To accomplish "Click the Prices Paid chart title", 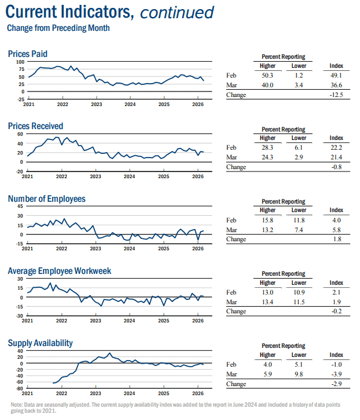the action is (28, 54).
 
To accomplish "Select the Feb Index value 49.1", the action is (336, 76).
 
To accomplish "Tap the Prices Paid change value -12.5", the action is (336, 95).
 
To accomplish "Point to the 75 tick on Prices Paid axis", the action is (21, 69).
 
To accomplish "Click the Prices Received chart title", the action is (36, 126).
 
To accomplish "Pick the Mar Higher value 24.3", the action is (267, 157).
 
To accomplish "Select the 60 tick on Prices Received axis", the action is (20, 134).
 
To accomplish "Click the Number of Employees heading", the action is (47, 199).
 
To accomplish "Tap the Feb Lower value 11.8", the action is (299, 220).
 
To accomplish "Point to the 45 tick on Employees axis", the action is (20, 206).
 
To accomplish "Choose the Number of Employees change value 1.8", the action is (337, 239).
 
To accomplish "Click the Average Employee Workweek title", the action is (59, 271).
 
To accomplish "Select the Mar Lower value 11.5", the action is (299, 302).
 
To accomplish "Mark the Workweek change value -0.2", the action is (337, 312).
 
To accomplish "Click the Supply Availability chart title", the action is (40, 343).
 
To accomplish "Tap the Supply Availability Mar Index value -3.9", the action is (337, 374).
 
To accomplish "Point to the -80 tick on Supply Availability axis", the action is (19, 388).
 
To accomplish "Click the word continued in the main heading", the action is (177, 13).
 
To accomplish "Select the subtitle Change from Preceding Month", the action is (58, 28).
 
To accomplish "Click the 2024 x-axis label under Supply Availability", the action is (129, 393).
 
